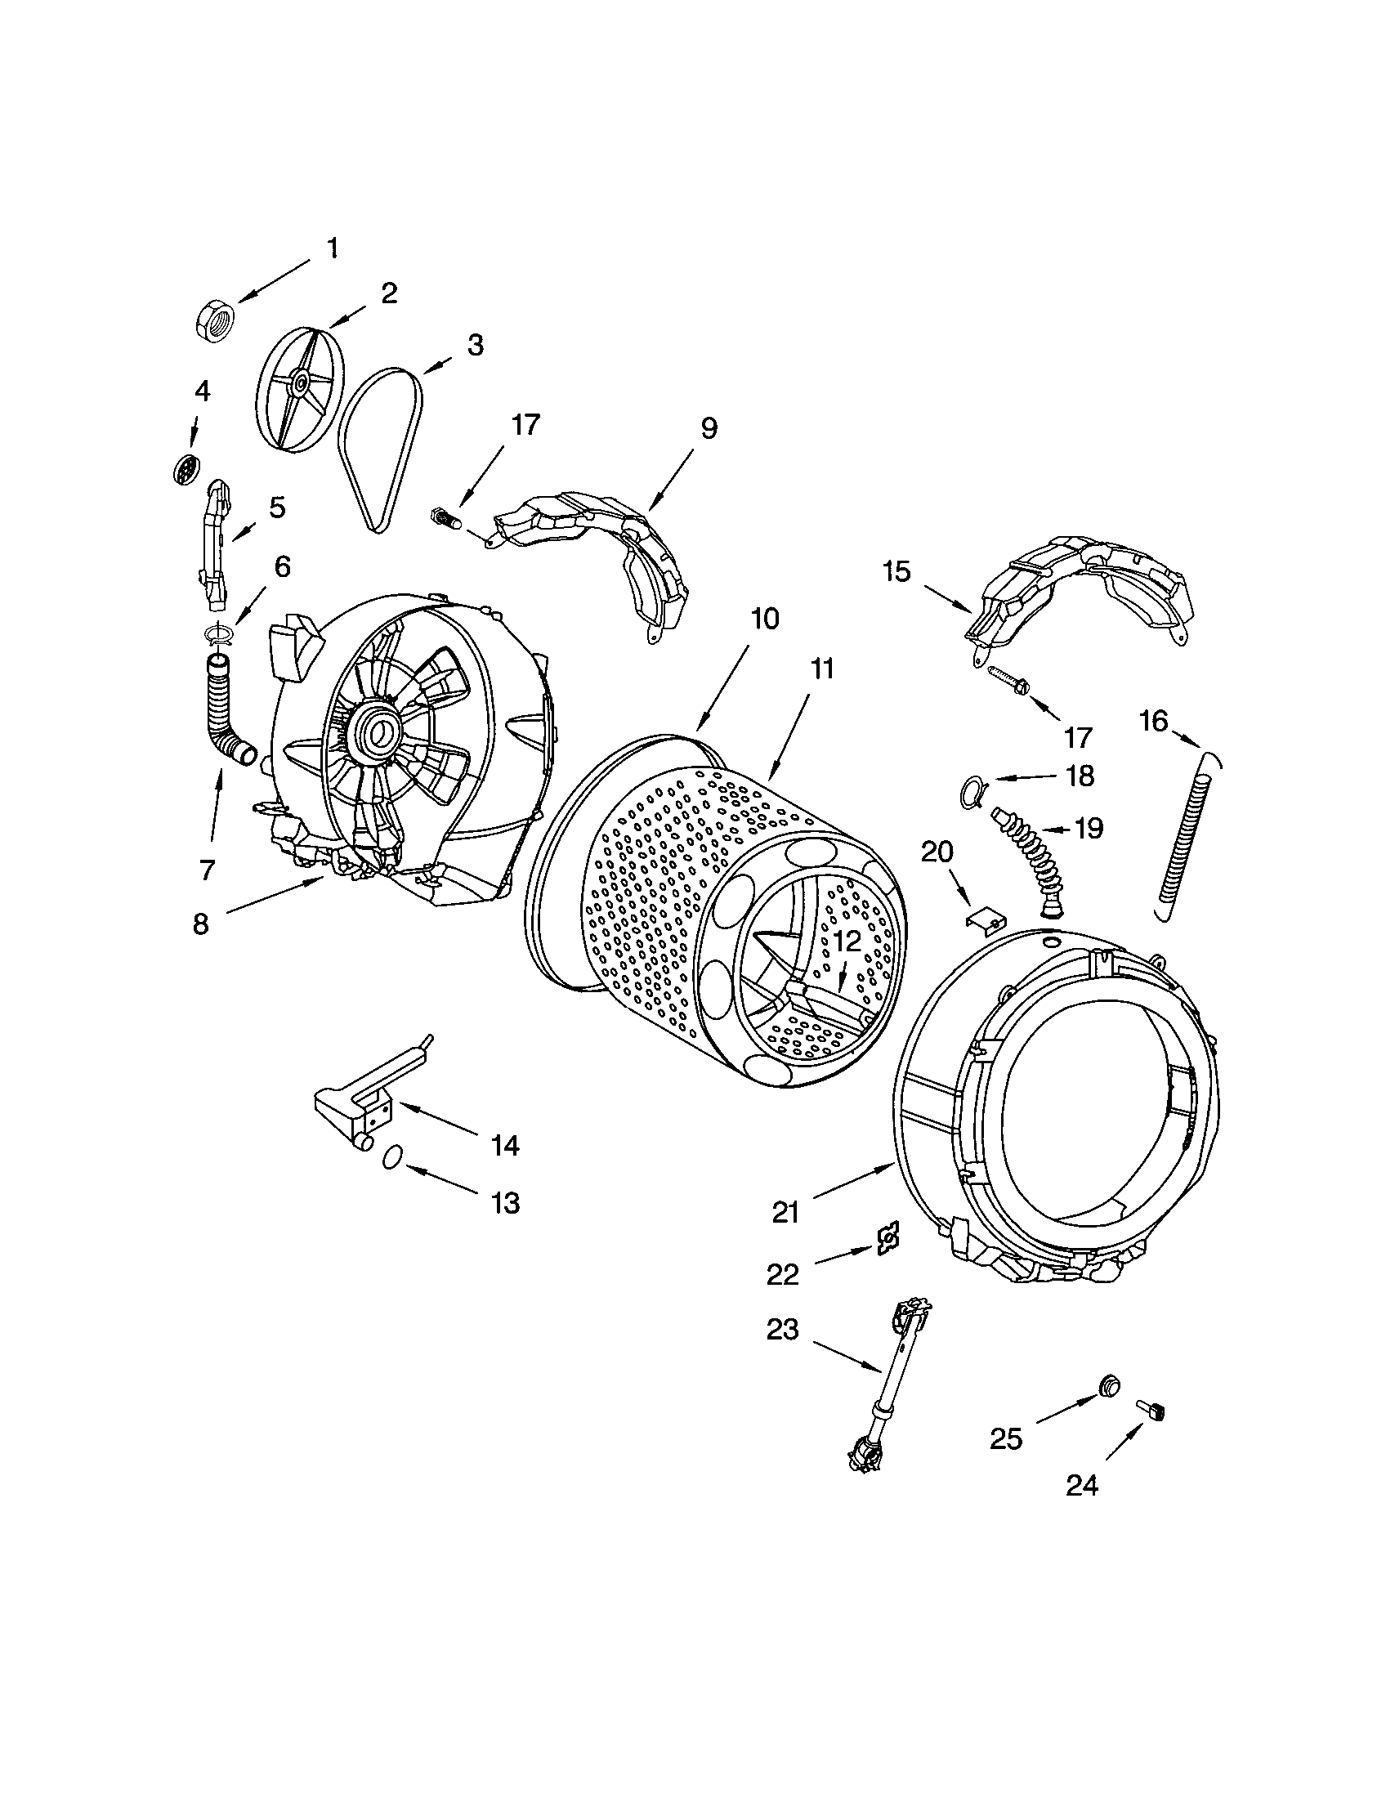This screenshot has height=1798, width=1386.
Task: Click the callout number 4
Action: click(202, 391)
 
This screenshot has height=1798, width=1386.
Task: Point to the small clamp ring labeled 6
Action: click(218, 633)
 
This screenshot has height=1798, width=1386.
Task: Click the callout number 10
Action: click(765, 619)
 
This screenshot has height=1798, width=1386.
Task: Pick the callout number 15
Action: click(897, 570)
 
